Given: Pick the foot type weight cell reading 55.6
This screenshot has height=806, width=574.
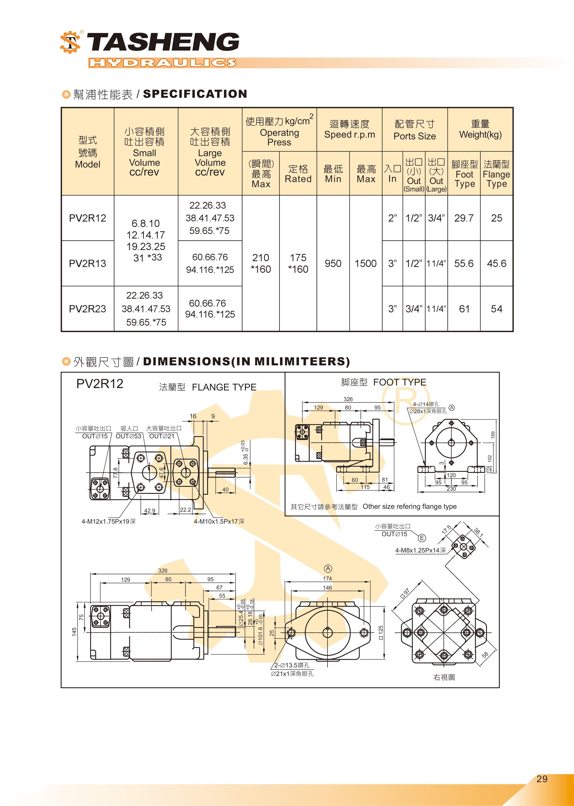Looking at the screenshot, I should point(464,263).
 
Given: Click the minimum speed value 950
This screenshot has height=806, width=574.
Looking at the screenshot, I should point(333,263).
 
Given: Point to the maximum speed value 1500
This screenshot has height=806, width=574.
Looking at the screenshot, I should point(365,263).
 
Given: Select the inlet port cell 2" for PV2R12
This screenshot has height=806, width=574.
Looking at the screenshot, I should point(392,218).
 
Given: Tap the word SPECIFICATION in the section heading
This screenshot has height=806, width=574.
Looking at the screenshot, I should point(195,94).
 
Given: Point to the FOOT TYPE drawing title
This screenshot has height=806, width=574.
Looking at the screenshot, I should point(399,382).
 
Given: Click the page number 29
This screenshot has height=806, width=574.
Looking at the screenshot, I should point(542,779).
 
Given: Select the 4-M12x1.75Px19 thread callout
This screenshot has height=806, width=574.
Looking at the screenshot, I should point(108,521).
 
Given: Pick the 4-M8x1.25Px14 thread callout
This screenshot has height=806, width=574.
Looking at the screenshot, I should point(420,550).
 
